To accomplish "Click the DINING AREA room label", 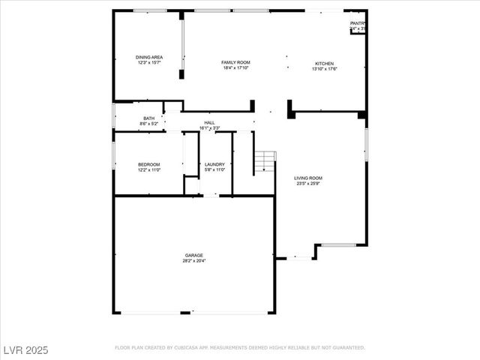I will click(149, 57).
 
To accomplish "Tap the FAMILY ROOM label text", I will click(235, 62).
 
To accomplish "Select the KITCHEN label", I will click(324, 63).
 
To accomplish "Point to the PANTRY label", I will click(358, 23).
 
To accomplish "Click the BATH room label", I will click(148, 118).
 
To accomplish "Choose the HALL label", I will click(209, 122).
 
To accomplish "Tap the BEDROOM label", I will click(148, 164).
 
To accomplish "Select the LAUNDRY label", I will click(215, 164).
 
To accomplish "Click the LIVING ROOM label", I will click(307, 178).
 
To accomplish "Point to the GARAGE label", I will click(194, 255).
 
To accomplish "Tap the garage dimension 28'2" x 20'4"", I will click(194, 261).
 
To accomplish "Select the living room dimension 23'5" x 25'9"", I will click(307, 184).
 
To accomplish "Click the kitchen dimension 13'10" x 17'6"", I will click(324, 69).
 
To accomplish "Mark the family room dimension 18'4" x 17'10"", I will click(235, 68).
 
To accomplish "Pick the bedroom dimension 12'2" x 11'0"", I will click(148, 170).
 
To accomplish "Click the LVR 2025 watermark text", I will click(26, 349).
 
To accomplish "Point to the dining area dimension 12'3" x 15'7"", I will click(149, 63).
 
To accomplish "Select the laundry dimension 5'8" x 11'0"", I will click(215, 170).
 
